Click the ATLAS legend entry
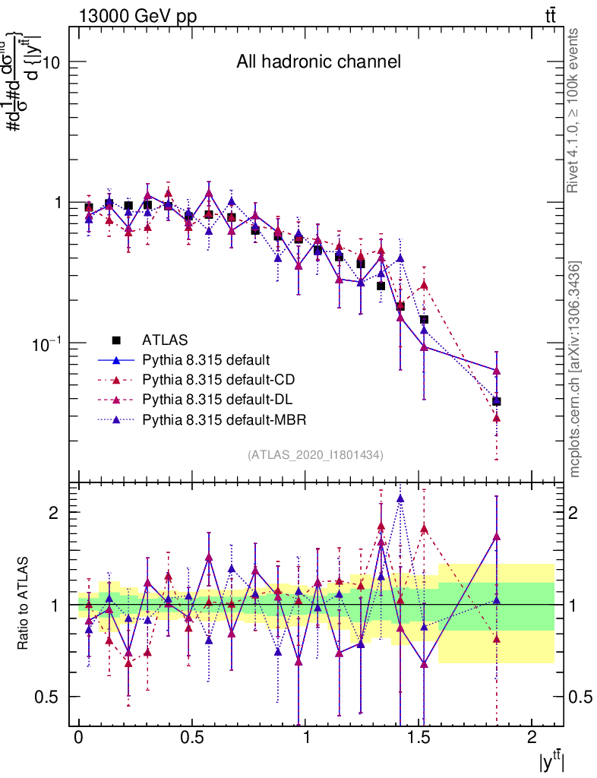point(165,340)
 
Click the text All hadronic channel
point(318,62)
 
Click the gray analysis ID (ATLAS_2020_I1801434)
point(315,454)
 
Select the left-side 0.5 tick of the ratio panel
point(52,697)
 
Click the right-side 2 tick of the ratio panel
point(572,512)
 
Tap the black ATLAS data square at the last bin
point(497,401)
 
